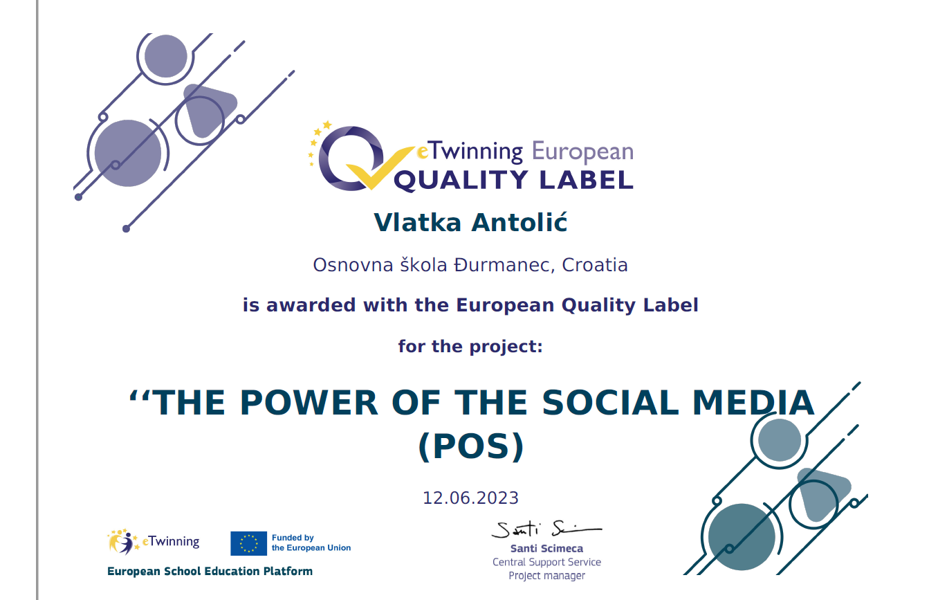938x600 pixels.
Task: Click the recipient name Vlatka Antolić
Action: [x=470, y=222]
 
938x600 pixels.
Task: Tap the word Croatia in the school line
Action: [x=595, y=265]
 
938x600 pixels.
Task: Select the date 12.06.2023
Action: [x=470, y=498]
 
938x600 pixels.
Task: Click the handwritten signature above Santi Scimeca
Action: [x=546, y=529]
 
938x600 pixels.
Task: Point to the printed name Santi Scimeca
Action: [x=546, y=549]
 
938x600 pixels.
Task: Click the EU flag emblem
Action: [x=248, y=543]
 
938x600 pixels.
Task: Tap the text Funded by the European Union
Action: [x=311, y=543]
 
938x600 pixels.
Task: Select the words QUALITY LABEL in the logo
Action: [x=514, y=180]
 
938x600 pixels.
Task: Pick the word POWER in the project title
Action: [x=309, y=403]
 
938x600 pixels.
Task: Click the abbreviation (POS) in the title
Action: [x=471, y=446]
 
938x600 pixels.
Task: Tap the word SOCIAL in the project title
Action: [x=610, y=403]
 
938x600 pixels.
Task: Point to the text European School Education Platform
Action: [x=210, y=571]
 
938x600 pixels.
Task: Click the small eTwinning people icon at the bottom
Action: [x=122, y=541]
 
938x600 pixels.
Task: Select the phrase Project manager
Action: [x=546, y=576]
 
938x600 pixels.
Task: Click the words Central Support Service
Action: [x=546, y=562]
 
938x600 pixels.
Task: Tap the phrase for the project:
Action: [x=470, y=347]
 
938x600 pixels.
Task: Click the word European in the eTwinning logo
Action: [x=582, y=152]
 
